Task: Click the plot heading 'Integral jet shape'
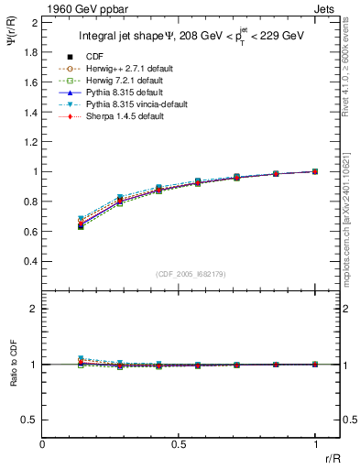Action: pyautogui.click(x=128, y=38)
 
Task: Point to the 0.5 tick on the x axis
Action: pyautogui.click(x=179, y=443)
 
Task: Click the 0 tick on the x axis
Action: pyautogui.click(x=43, y=443)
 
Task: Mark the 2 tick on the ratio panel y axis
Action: pyautogui.click(x=35, y=309)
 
